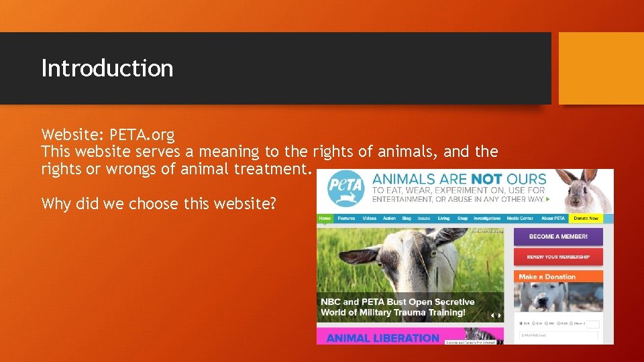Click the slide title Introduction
[x=107, y=68]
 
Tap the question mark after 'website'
[x=272, y=202]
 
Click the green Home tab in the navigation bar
[x=325, y=219]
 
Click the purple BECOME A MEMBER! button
[x=558, y=237]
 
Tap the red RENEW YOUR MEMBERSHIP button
[x=558, y=257]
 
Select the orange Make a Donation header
[x=547, y=276]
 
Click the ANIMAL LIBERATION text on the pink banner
[x=382, y=339]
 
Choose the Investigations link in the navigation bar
[x=486, y=219]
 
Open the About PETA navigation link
[x=553, y=219]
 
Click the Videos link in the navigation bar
[x=370, y=219]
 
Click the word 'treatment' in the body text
[x=271, y=169]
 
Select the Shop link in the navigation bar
[x=462, y=219]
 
